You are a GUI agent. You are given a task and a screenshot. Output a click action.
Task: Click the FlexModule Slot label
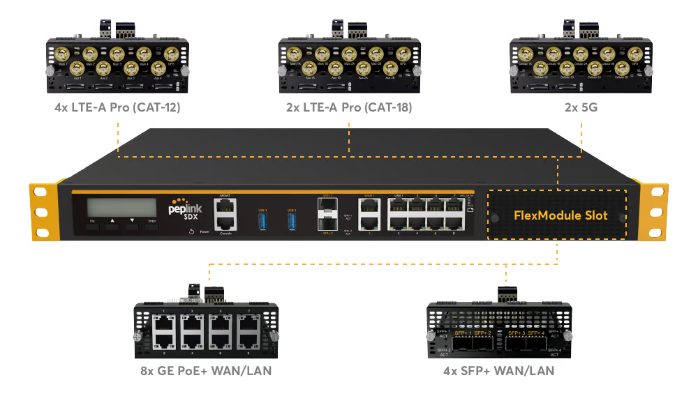[560, 215]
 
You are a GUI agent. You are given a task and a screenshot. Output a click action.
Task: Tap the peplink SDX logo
[184, 211]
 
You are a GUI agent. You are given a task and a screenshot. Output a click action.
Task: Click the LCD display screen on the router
[121, 207]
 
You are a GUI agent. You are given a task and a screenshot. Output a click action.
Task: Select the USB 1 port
[262, 220]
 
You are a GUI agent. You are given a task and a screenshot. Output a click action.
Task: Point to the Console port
[225, 223]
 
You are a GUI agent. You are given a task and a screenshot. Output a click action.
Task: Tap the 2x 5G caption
[581, 108]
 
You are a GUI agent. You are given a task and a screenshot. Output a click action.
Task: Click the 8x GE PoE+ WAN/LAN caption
[207, 371]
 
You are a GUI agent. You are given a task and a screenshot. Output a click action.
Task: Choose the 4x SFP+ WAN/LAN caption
[498, 371]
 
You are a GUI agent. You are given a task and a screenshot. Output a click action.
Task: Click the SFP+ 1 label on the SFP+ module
[462, 334]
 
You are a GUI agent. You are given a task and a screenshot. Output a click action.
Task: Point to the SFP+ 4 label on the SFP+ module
[535, 334]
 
